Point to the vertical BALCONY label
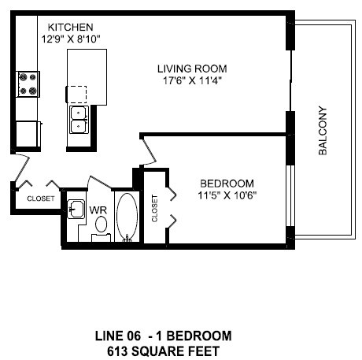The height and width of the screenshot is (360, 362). click(x=323, y=132)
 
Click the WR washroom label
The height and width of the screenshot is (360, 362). click(x=98, y=210)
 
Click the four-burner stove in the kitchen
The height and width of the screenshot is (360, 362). click(x=28, y=84)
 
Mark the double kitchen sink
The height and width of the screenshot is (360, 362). click(x=79, y=118)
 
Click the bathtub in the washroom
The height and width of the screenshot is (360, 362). click(x=126, y=217)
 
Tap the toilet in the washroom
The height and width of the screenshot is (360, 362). click(x=101, y=227)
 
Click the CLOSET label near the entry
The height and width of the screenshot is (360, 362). click(x=41, y=199)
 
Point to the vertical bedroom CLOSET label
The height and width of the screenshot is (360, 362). click(x=154, y=206)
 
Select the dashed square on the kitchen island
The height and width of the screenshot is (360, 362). click(x=77, y=94)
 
